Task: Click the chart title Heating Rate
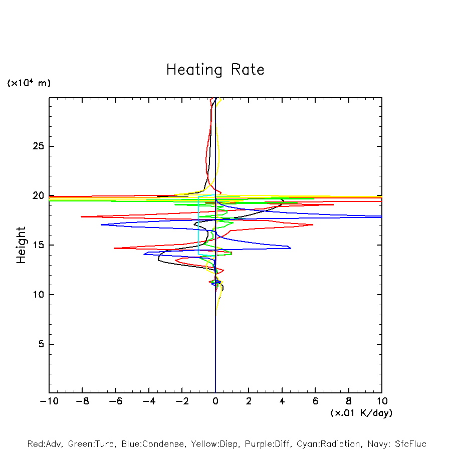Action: coord(215,70)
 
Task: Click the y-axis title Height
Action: coord(21,245)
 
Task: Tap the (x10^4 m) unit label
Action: coord(29,83)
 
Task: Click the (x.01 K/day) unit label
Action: coord(361,413)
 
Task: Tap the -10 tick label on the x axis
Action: coord(49,401)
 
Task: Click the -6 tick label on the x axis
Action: coord(115,401)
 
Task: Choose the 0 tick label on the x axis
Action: coord(215,401)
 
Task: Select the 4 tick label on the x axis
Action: coord(282,401)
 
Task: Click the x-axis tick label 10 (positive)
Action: coord(382,401)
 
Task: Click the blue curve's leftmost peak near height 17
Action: coord(101,224)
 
